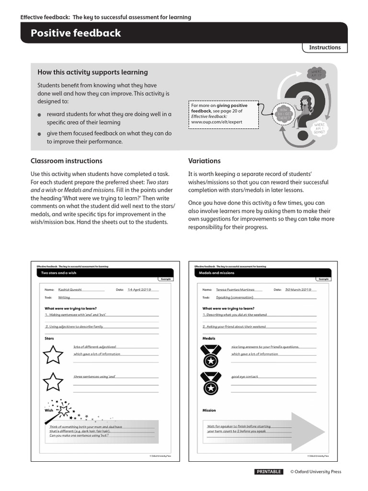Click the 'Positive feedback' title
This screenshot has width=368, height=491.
click(76, 33)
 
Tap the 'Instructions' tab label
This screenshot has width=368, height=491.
click(324, 47)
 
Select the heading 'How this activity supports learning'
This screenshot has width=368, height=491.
click(92, 72)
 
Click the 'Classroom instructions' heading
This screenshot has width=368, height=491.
click(66, 161)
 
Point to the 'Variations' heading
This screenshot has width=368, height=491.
click(204, 161)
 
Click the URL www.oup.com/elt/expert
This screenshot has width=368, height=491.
click(217, 122)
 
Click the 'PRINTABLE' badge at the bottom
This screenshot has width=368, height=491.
click(269, 472)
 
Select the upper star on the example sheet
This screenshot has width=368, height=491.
click(54, 355)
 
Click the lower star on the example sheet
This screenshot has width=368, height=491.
click(54, 382)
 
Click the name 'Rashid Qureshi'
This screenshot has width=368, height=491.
click(70, 290)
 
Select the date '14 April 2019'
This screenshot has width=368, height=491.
click(139, 290)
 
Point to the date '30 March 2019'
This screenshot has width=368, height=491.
click(298, 290)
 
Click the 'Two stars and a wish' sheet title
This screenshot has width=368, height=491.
click(59, 273)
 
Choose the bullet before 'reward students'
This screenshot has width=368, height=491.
click(39, 116)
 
